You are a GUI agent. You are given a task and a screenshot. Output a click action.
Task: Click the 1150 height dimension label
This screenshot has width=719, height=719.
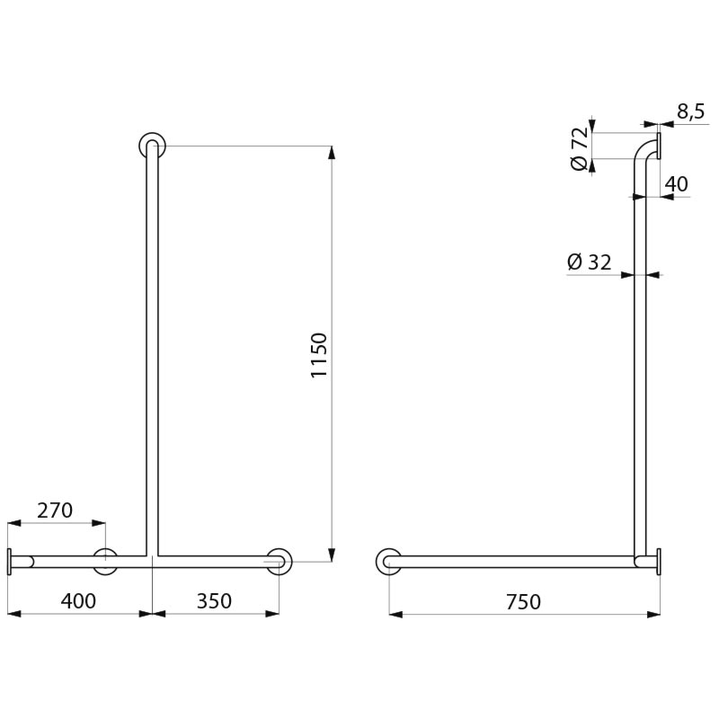319,355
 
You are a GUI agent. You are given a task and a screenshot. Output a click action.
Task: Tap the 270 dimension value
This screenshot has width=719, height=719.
55,510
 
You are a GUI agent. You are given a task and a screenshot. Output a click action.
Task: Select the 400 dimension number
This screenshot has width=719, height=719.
78,601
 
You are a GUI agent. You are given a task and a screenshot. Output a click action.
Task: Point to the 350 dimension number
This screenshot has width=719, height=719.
214,601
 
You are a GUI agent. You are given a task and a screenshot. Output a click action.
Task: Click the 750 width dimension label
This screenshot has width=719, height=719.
524,601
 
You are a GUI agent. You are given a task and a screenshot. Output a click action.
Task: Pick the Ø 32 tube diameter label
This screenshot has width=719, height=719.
590,262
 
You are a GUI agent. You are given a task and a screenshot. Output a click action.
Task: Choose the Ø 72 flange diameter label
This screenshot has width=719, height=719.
579,148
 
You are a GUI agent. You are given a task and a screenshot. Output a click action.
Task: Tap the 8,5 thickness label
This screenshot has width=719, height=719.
690,111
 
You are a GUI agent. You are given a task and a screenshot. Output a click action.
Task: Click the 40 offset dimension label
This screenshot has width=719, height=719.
677,184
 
